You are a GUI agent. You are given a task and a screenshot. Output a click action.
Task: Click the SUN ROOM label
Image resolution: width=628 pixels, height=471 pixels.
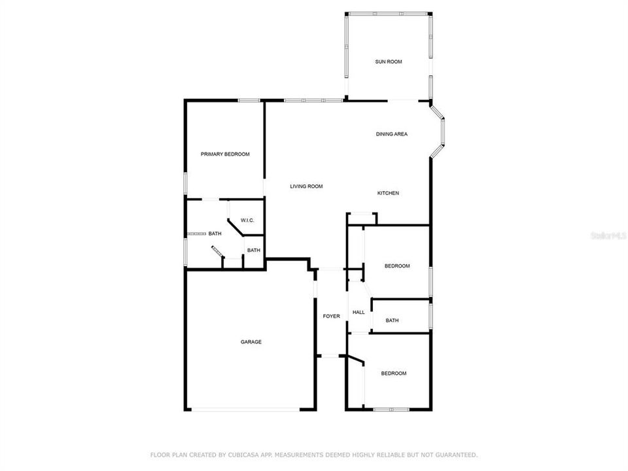(x=388, y=61)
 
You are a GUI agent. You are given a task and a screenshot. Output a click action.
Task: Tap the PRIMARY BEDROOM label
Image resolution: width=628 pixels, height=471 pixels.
(x=225, y=154)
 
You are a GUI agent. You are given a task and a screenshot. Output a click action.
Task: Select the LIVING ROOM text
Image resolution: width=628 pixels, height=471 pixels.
(x=306, y=186)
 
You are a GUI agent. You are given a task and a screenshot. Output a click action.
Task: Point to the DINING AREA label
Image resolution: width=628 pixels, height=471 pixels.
(x=391, y=134)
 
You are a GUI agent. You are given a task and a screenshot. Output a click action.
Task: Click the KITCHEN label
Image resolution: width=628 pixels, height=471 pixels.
(x=388, y=193)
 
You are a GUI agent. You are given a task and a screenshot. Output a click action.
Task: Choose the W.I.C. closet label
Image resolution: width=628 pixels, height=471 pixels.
(x=247, y=220)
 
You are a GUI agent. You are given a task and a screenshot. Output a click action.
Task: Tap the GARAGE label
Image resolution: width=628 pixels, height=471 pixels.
(x=251, y=341)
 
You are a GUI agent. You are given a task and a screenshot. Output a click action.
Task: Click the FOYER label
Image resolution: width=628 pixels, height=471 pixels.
(x=332, y=317)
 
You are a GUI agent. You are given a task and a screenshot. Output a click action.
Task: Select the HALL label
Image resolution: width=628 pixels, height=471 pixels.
(x=358, y=313)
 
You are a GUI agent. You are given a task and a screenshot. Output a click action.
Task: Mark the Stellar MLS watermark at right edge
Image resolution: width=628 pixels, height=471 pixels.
(x=608, y=235)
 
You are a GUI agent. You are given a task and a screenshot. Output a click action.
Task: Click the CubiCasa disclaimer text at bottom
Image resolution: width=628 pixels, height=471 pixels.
(x=314, y=454)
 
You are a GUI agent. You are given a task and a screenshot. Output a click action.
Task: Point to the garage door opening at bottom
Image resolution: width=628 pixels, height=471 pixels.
(x=246, y=410)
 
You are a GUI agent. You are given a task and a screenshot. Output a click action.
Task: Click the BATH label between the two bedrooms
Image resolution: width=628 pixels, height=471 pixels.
(x=392, y=321)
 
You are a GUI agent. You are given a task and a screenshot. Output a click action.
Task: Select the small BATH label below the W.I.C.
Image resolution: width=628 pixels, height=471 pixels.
(x=253, y=250)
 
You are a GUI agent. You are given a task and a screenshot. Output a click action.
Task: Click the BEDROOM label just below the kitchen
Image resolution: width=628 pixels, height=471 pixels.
(x=396, y=266)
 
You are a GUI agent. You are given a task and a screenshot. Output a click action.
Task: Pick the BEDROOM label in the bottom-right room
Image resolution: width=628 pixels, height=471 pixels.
(x=394, y=374)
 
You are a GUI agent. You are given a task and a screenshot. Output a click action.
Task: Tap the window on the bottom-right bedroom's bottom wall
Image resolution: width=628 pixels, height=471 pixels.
(x=391, y=410)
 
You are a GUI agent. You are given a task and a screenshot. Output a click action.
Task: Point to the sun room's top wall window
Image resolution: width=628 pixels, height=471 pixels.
(x=388, y=13)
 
